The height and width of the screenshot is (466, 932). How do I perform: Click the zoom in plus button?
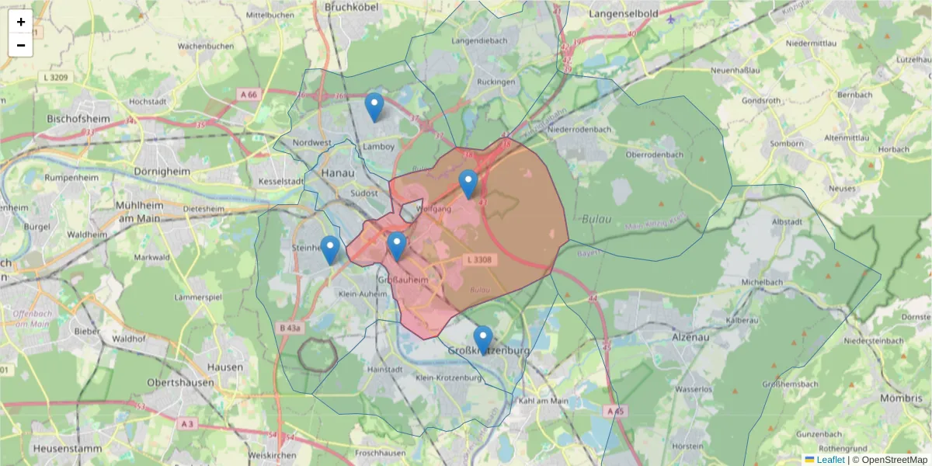pyautogui.click(x=21, y=22)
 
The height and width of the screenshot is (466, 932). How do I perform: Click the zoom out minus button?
pyautogui.click(x=21, y=45)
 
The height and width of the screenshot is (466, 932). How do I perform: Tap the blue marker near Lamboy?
pyautogui.click(x=374, y=107)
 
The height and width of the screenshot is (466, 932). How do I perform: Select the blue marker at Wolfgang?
pyautogui.click(x=468, y=184)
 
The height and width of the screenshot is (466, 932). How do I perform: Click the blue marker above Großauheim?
pyautogui.click(x=397, y=246)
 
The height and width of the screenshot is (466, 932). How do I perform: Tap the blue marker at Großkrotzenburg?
pyautogui.click(x=483, y=339)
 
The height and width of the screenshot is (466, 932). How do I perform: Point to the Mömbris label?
pyautogui.click(x=901, y=398)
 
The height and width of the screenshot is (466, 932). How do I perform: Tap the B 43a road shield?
pyautogui.click(x=289, y=329)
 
